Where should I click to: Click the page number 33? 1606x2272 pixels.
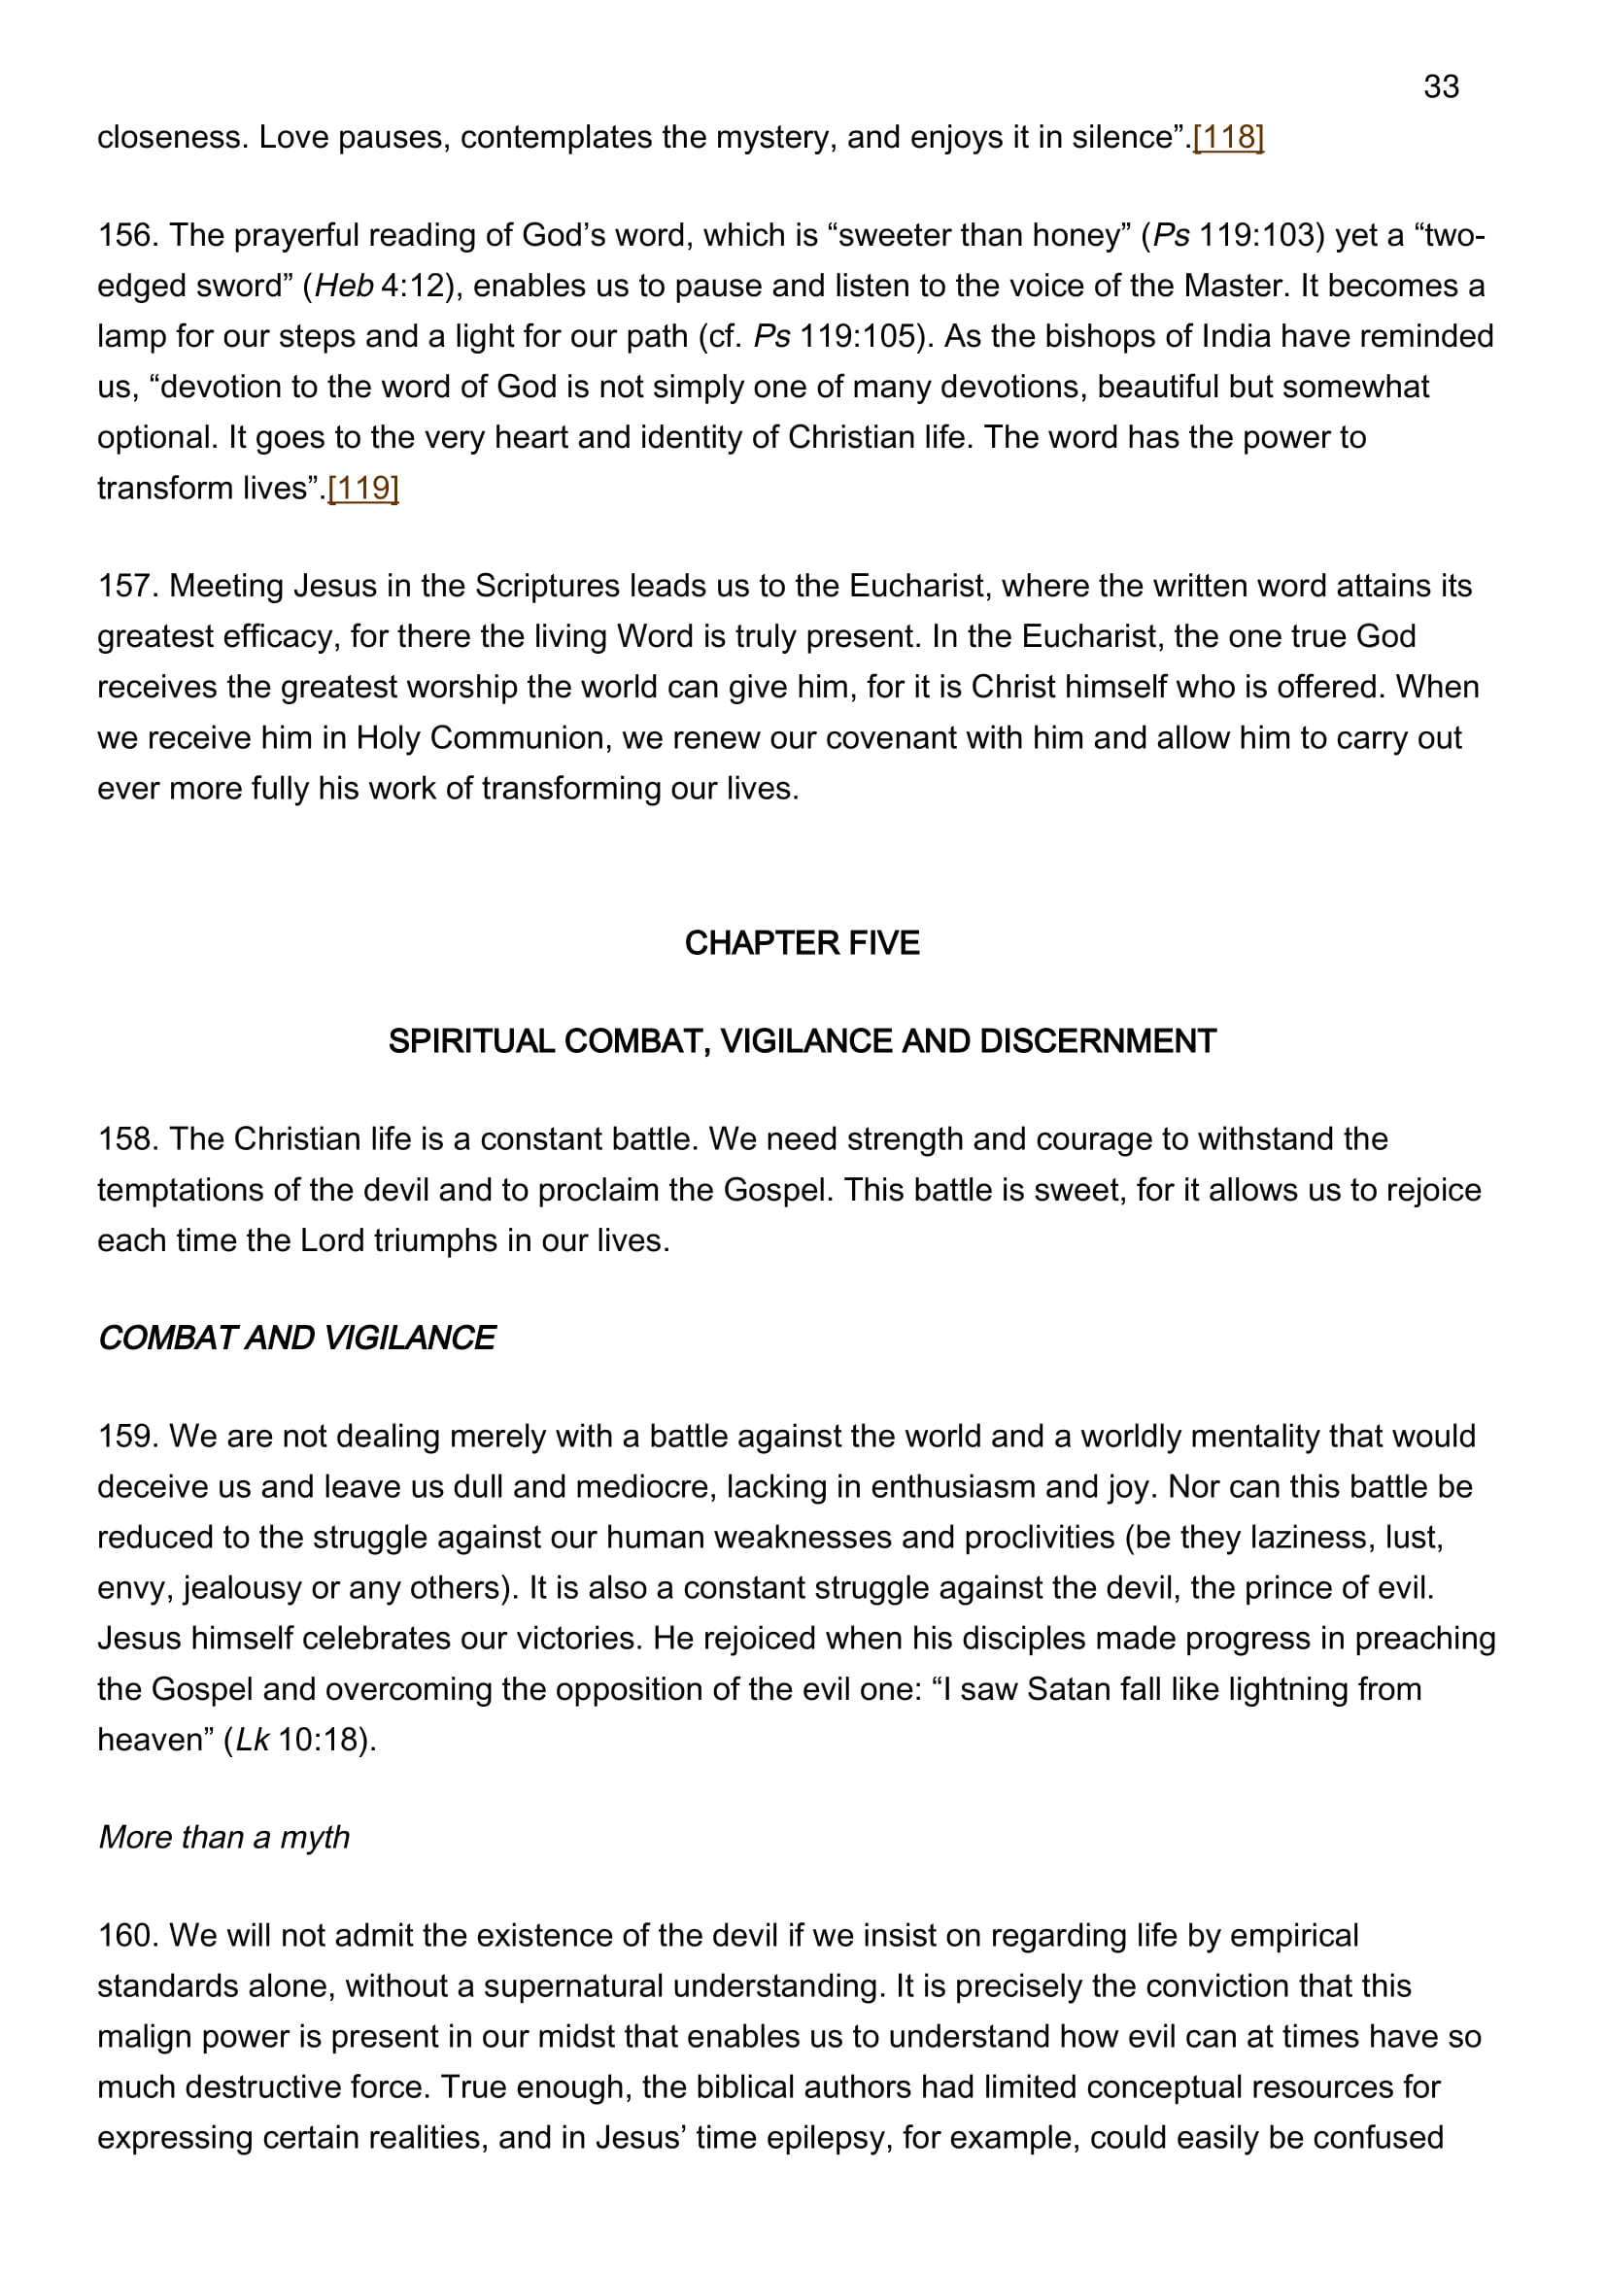[1441, 87]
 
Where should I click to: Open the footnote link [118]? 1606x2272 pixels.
[1228, 137]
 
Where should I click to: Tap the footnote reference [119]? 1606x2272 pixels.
[363, 488]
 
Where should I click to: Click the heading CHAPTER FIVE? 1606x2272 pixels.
[802, 943]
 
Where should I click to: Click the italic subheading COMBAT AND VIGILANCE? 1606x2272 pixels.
[296, 1338]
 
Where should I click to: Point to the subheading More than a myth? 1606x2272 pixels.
[223, 1837]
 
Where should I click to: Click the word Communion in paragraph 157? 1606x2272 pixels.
[521, 738]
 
